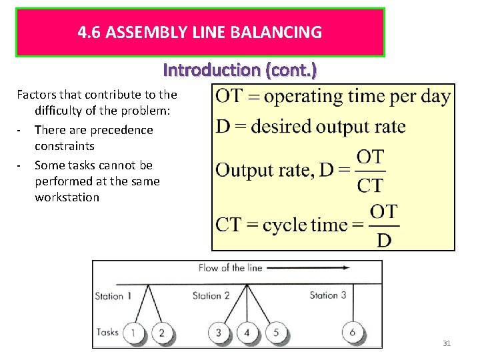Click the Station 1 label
click(109, 296)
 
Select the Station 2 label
click(211, 295)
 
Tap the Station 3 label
click(328, 295)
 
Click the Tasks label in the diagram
click(107, 331)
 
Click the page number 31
click(447, 343)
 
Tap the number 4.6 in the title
click(88, 32)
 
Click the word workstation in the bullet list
click(67, 197)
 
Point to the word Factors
click(37, 95)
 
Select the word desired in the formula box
click(285, 126)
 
